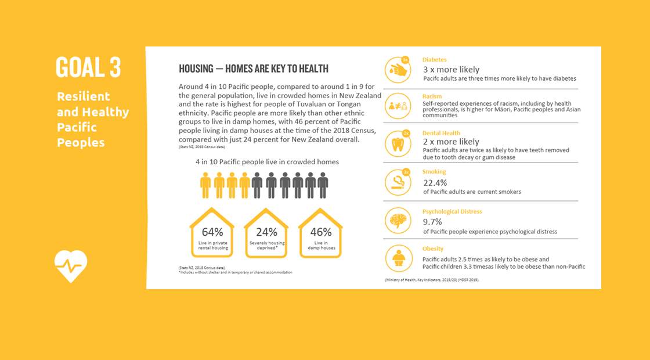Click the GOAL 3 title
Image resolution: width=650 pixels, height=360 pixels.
pos(89,67)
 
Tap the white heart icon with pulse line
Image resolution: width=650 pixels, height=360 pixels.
pos(71,266)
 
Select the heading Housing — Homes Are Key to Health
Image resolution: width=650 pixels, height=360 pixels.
pos(254,69)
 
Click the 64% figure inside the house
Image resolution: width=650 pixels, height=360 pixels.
pos(212,232)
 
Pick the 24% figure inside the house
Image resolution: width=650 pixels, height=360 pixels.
pos(266,232)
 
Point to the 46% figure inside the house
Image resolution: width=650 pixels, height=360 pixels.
pos(320,232)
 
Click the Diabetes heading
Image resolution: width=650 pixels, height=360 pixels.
pos(434,60)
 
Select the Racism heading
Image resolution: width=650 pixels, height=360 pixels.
pos(432,96)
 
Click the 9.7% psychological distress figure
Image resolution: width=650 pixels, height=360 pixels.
pos(432,222)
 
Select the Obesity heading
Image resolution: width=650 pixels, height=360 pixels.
pos(433,249)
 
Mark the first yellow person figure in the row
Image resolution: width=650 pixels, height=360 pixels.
pos(205,185)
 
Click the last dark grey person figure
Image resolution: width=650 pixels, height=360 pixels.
pos(323,185)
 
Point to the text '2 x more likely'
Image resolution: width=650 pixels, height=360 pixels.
pos(451,142)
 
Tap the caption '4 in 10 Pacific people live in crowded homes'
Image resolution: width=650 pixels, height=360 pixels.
pos(267,162)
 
